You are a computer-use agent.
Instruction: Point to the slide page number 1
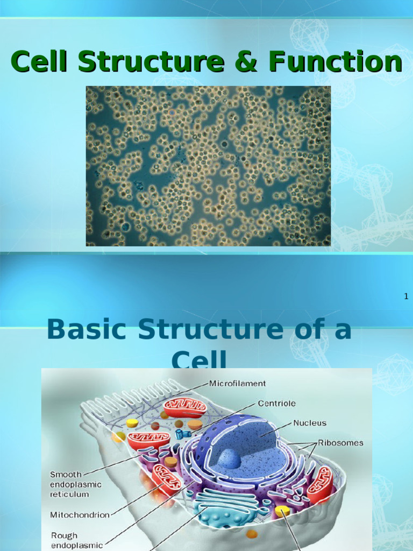407,296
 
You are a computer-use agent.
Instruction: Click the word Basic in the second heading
88,329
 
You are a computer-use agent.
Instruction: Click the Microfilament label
237,384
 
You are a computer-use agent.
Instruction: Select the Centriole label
276,403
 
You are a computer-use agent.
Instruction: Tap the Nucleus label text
310,423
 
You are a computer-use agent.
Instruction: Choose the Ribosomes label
340,443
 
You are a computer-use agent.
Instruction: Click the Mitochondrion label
80,514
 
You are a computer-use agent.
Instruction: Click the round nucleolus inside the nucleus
230,458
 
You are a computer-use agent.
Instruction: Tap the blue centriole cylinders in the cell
182,433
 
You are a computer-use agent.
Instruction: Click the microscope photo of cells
208,166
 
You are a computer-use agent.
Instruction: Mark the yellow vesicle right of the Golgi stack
282,511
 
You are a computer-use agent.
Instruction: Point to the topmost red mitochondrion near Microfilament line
184,407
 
